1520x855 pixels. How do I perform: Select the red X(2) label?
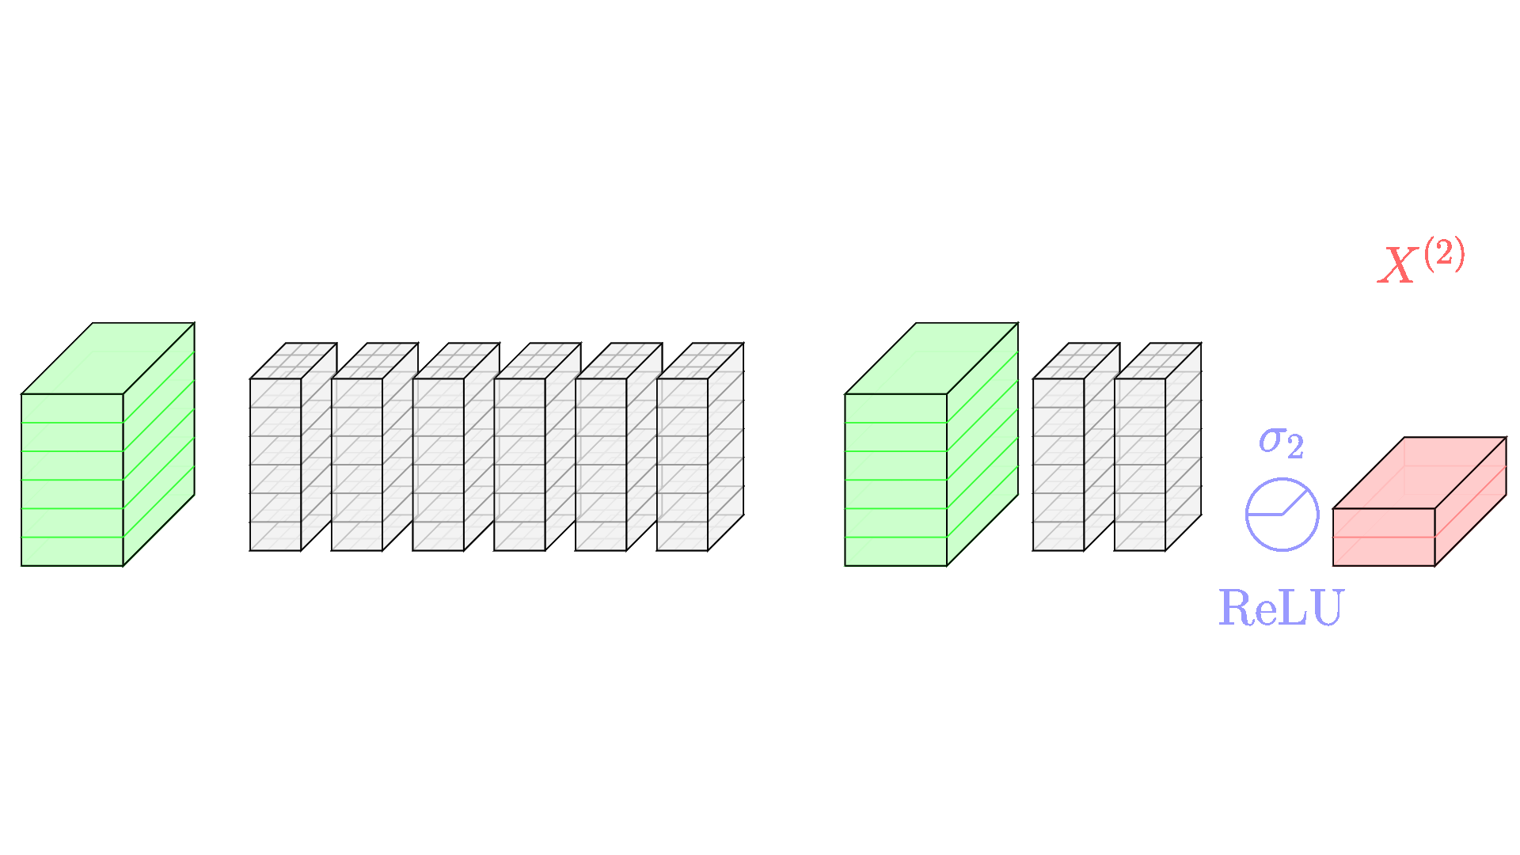coord(1421,262)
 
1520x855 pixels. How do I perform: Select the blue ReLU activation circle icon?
coord(1282,515)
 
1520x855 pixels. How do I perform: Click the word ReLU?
coord(1281,608)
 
